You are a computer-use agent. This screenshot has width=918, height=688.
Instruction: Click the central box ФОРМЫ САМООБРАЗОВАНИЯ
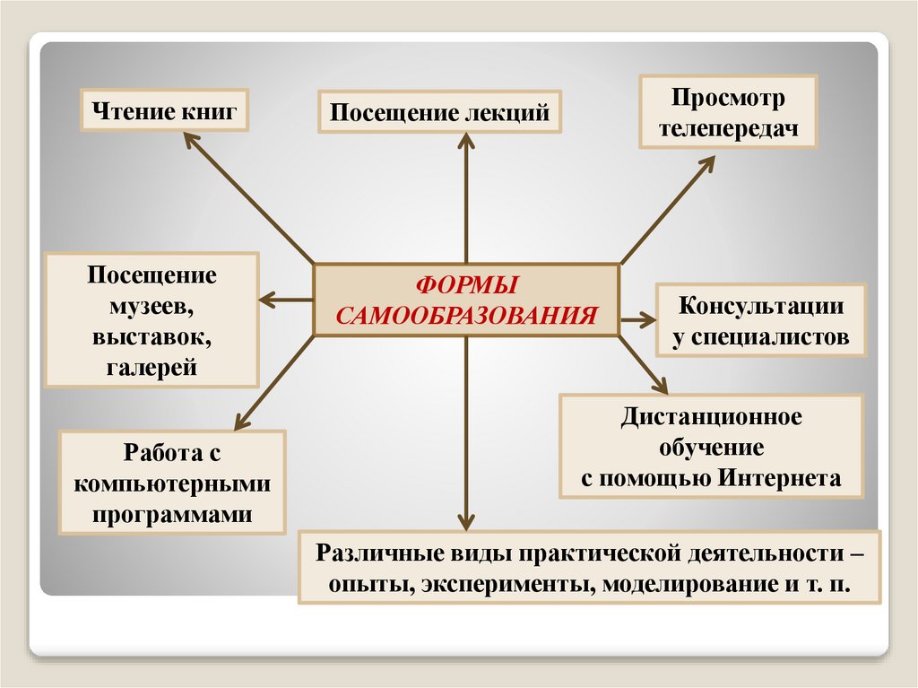(465, 300)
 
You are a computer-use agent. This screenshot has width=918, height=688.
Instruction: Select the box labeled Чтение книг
(163, 112)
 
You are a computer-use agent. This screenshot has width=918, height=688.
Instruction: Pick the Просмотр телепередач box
(728, 112)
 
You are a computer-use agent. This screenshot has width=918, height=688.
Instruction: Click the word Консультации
(761, 305)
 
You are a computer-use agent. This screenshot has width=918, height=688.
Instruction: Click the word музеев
(152, 306)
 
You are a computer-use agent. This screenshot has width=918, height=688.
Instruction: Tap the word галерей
(152, 367)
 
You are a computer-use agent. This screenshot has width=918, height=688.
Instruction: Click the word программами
(172, 514)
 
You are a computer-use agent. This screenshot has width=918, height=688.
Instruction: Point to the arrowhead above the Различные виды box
(465, 519)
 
